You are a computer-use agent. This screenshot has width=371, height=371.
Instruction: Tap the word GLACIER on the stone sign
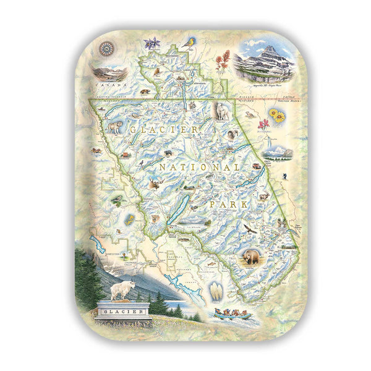(124, 311)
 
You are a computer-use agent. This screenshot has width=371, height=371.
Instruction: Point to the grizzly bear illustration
(251, 256)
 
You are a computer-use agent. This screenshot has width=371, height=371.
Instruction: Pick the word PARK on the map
(231, 203)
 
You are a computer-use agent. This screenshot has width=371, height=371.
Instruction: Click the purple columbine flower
(150, 44)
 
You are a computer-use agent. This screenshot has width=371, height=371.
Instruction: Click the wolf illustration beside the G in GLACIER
(114, 128)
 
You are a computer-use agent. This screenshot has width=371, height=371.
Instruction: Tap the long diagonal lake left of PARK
(176, 211)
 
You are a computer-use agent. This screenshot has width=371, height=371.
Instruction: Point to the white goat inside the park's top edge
(222, 111)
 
